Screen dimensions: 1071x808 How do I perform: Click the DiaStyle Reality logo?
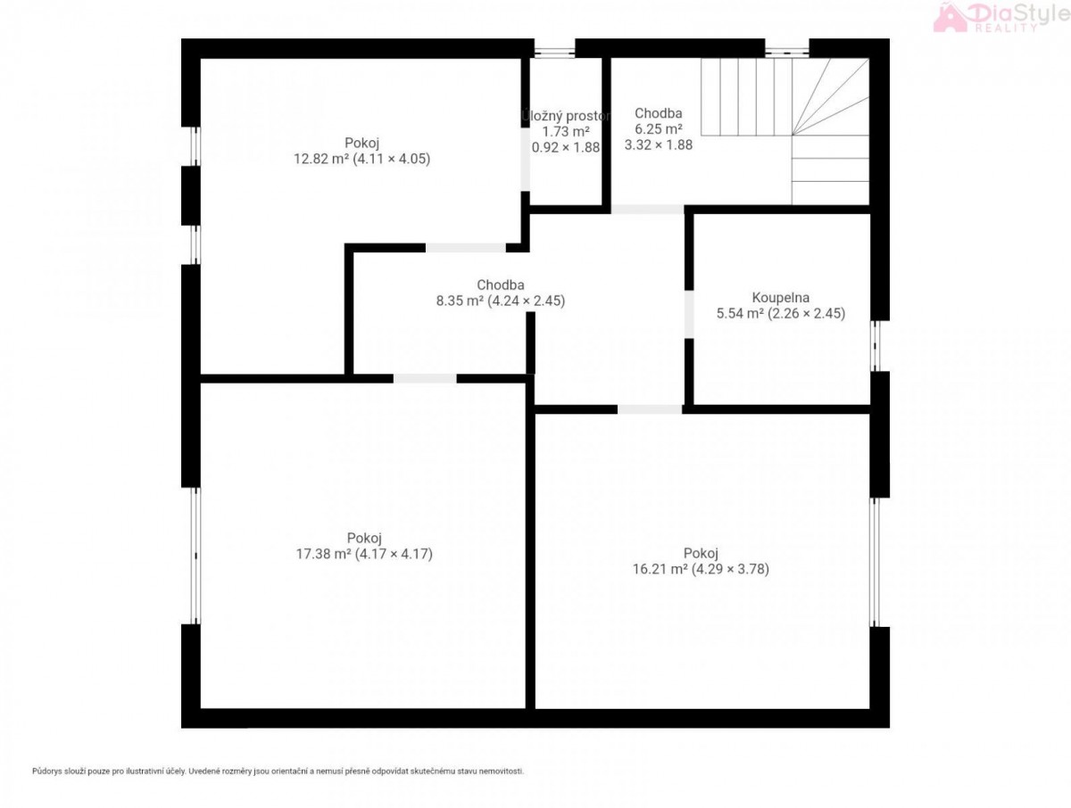(1001, 17)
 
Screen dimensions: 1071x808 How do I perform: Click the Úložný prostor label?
(566, 116)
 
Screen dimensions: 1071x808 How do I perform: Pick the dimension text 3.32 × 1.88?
(658, 144)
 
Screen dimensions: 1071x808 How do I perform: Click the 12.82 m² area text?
(321, 159)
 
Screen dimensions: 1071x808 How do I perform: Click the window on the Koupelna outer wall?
(875, 345)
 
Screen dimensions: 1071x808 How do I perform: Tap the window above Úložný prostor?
(554, 53)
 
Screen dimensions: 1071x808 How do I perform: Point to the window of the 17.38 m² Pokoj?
(195, 556)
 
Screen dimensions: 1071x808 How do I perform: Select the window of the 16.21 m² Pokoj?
(875, 562)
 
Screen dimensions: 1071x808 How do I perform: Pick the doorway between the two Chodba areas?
(647, 210)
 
